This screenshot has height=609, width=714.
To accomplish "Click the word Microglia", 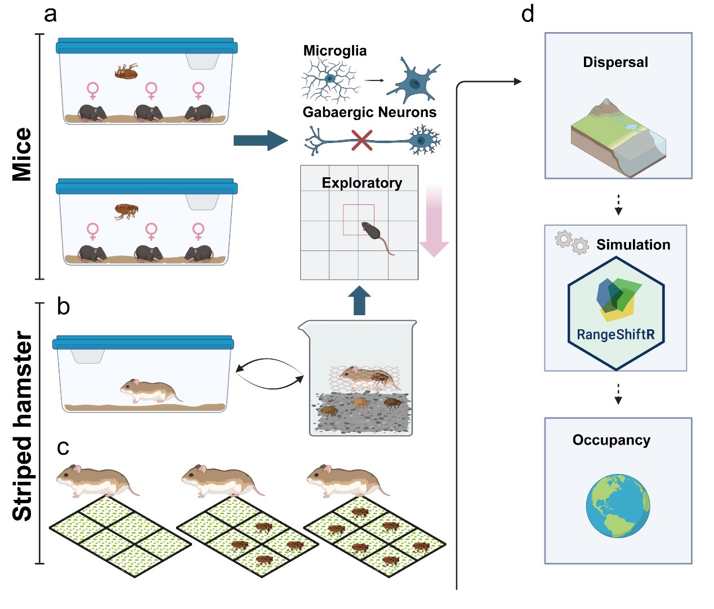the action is click(x=334, y=51).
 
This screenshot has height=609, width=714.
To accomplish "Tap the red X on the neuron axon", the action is click(x=362, y=141).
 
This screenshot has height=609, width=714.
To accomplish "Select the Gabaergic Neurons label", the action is click(x=369, y=113).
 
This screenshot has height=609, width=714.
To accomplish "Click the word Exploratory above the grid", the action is click(x=362, y=183).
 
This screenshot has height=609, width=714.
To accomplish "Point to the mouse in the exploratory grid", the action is click(x=377, y=236).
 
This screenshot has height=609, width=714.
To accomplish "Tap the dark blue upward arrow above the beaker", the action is click(x=359, y=301).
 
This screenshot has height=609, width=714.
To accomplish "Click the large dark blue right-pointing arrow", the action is click(x=261, y=141).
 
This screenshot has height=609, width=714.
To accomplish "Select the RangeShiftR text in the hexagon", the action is click(x=615, y=334).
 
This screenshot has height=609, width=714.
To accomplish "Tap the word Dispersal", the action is click(x=615, y=62).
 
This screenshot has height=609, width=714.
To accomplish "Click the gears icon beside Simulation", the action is click(x=572, y=243).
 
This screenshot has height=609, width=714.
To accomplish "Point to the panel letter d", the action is click(x=528, y=15).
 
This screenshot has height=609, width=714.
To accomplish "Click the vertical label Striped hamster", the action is click(x=22, y=426).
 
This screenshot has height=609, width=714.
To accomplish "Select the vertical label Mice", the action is click(x=22, y=154).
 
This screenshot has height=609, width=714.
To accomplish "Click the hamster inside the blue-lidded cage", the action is click(x=151, y=391).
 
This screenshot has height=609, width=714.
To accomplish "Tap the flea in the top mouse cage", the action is click(x=126, y=71).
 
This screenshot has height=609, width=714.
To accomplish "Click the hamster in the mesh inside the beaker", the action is click(x=369, y=378).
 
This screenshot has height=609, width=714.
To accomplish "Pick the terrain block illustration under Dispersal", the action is click(x=618, y=137).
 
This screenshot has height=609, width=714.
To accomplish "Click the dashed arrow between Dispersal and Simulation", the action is click(x=618, y=205).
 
